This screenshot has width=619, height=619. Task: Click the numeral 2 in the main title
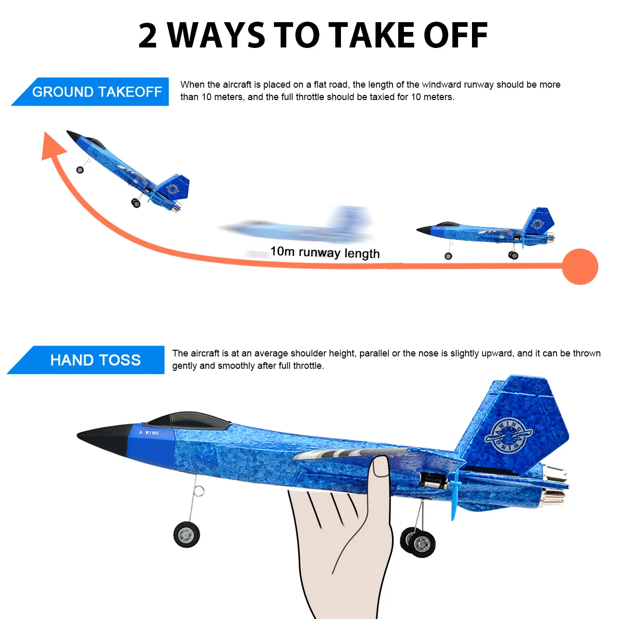point(148,36)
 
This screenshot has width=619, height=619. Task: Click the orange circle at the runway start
point(580,267)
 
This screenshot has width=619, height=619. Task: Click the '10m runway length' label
point(325,252)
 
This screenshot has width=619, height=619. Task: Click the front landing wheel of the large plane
point(186,534)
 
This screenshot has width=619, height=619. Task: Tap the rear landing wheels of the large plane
point(418,542)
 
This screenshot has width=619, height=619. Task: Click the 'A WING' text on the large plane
point(149,433)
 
